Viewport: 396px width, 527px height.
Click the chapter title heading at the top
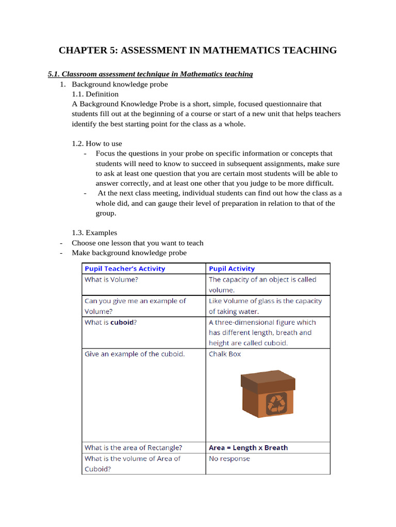tap(197, 50)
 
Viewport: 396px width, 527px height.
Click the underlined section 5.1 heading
tap(150, 74)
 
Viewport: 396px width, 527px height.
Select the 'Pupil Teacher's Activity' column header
tap(125, 269)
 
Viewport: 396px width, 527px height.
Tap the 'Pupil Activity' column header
tap(232, 269)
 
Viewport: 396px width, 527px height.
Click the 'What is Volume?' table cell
tap(111, 279)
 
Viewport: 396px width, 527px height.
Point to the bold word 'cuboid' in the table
tap(122, 322)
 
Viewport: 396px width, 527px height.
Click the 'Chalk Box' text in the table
tap(225, 354)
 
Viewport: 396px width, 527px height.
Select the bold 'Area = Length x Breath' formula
tap(248, 448)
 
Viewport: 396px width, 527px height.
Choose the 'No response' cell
tap(229, 459)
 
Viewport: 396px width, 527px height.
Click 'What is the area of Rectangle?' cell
tap(133, 448)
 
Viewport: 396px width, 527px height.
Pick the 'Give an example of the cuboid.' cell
tap(135, 354)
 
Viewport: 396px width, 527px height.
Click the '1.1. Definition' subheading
tap(95, 94)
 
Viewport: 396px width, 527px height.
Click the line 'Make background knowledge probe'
tap(129, 253)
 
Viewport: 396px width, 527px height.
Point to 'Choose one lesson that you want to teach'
tap(138, 243)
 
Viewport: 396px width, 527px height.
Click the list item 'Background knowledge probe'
tap(120, 84)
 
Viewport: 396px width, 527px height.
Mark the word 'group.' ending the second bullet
tap(106, 213)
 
